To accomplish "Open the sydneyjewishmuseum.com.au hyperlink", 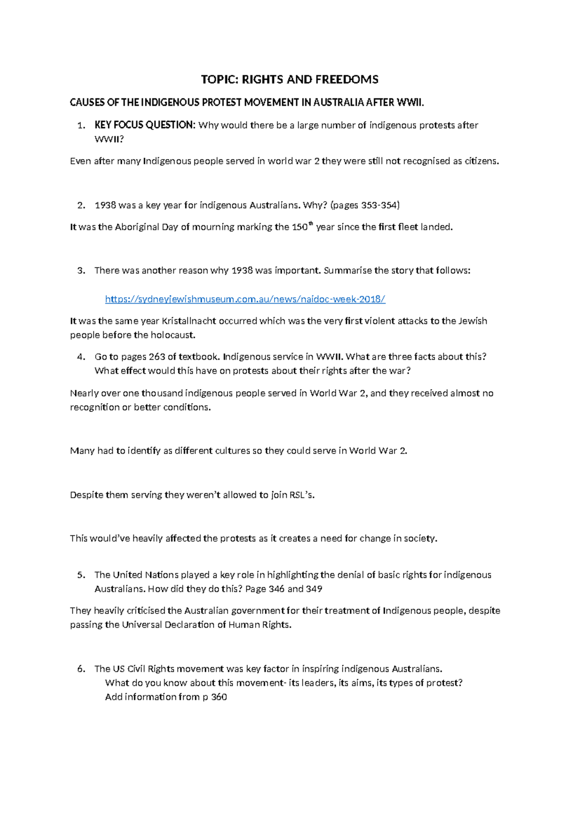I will click(x=245, y=299).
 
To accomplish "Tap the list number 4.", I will click(x=80, y=357).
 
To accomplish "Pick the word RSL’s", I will click(x=302, y=495).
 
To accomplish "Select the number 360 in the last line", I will click(x=219, y=697).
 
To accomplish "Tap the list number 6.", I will click(x=80, y=669).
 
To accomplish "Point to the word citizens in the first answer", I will click(x=481, y=161).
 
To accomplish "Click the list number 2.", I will click(x=80, y=205).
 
